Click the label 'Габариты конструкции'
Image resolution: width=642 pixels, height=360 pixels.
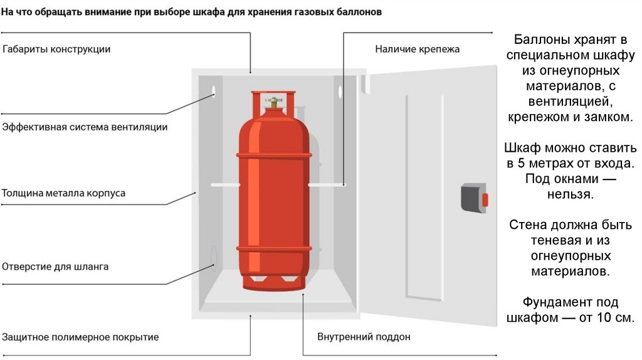pyautogui.click(x=56, y=49)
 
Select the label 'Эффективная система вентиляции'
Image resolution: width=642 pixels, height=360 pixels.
pyautogui.click(x=85, y=127)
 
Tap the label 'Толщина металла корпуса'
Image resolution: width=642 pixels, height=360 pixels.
pyautogui.click(x=63, y=193)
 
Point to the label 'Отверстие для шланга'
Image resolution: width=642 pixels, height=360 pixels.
pyautogui.click(x=55, y=267)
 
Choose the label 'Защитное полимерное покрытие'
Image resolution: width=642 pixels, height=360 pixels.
pyautogui.click(x=80, y=337)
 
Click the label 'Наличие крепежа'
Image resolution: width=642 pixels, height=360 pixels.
pyautogui.click(x=418, y=49)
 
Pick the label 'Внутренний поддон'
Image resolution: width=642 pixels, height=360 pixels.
pyautogui.click(x=364, y=337)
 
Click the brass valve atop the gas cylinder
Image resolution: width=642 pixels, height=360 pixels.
pyautogui.click(x=273, y=101)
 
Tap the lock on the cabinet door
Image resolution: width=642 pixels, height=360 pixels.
pyautogui.click(x=474, y=199)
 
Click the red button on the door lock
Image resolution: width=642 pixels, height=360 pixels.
pyautogui.click(x=484, y=199)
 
